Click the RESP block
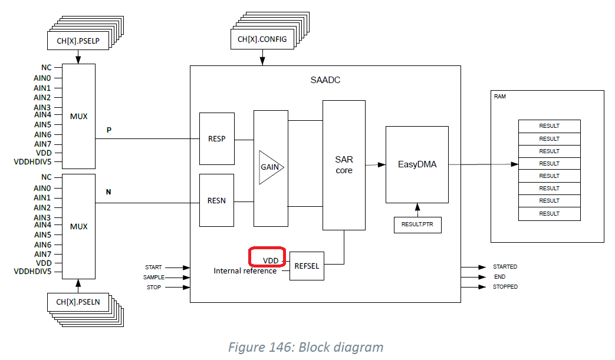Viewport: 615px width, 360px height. (x=217, y=139)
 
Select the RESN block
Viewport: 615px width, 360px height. (x=217, y=200)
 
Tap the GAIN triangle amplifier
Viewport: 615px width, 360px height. (x=270, y=167)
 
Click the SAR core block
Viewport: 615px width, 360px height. (x=344, y=165)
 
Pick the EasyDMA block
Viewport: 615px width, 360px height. (x=417, y=164)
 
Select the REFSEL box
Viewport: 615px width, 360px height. (x=307, y=266)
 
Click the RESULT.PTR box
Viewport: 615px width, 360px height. (x=417, y=224)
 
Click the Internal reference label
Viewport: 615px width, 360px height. (x=245, y=271)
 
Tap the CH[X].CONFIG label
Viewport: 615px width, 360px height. (x=262, y=40)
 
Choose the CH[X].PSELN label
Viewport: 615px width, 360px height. (x=78, y=303)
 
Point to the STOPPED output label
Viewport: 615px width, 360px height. (x=505, y=287)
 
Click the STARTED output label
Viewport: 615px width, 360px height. (x=505, y=267)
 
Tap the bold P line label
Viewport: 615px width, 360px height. (x=108, y=130)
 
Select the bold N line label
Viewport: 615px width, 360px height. (x=108, y=192)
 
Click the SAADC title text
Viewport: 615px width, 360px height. (x=325, y=80)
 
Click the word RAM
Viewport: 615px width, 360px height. (x=500, y=97)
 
